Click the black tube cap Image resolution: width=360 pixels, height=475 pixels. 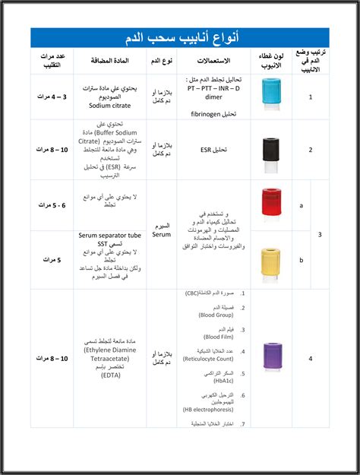tap(270, 146)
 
